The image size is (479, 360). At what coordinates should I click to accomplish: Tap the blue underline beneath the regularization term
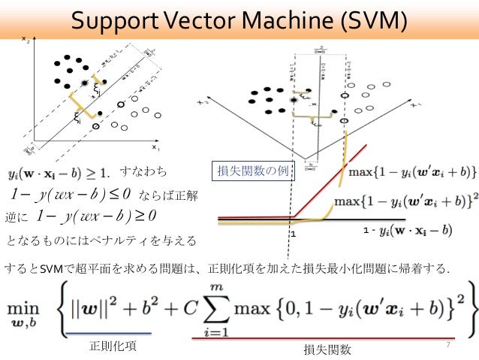click(108, 332)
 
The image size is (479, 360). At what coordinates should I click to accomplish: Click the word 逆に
click(16, 218)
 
